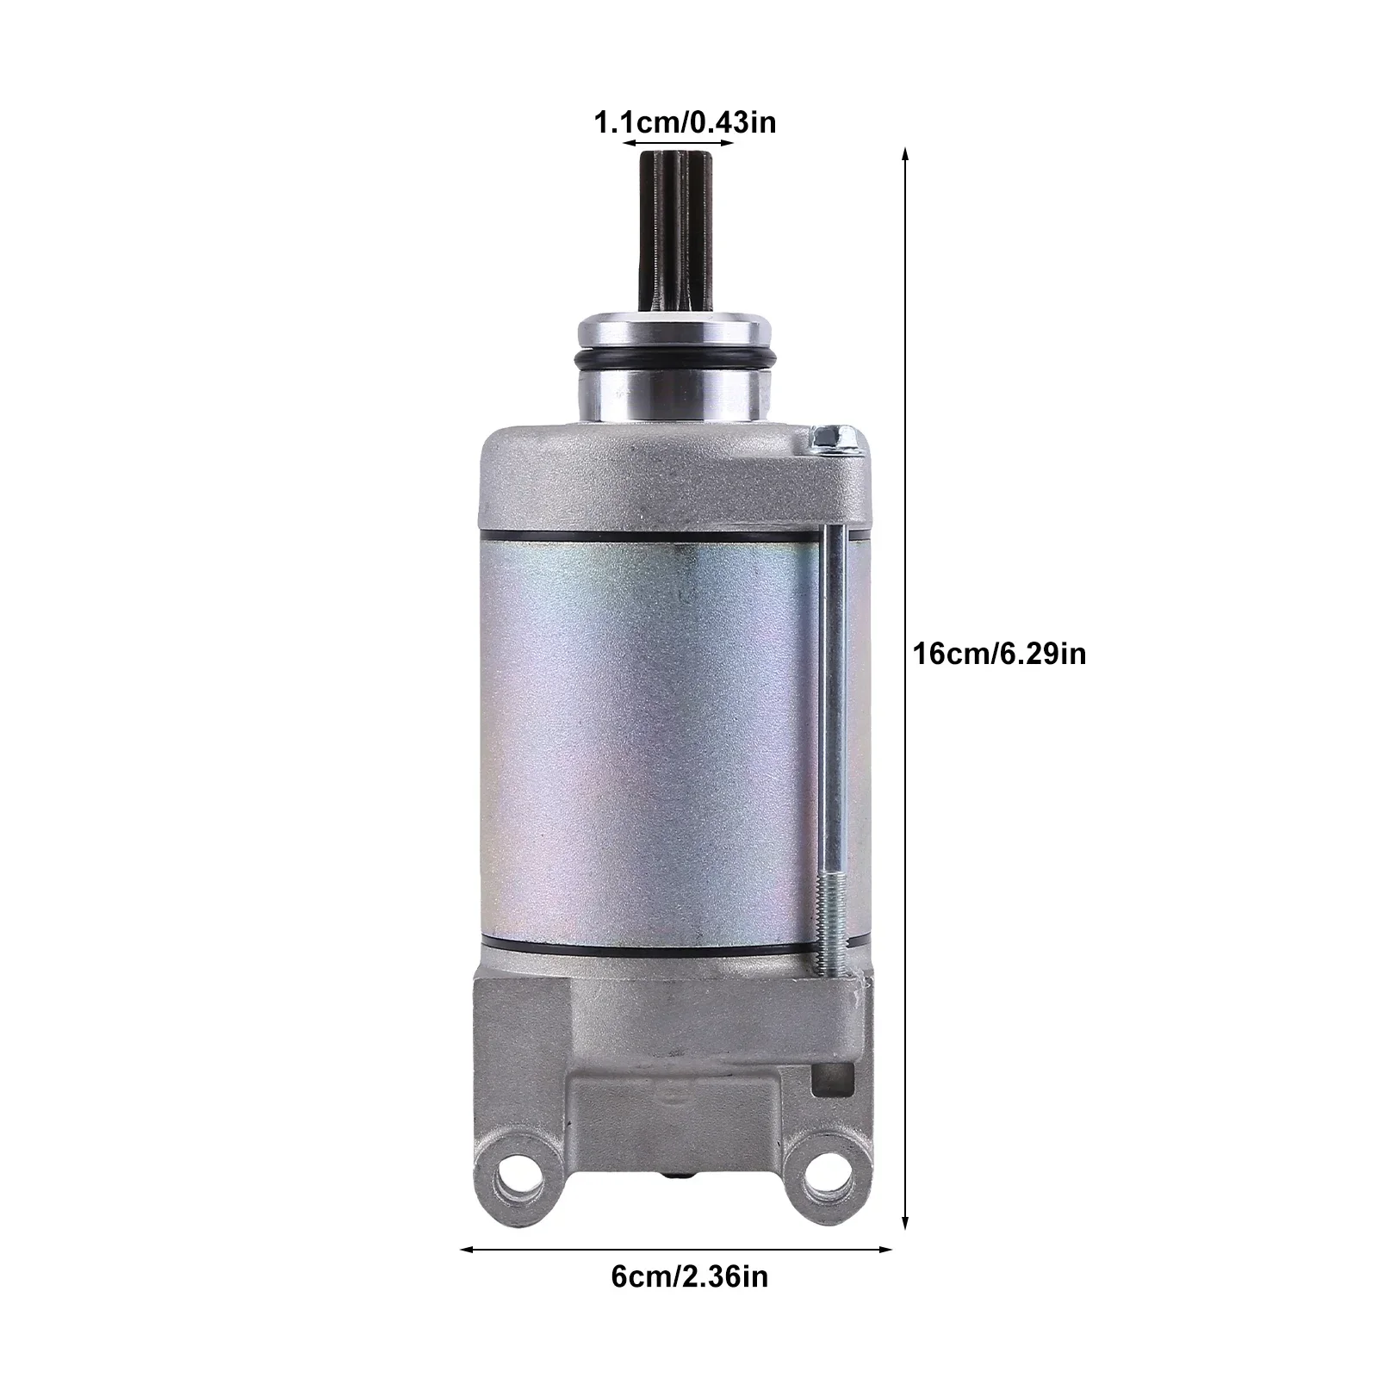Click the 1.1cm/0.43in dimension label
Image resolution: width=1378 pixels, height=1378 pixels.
(x=685, y=122)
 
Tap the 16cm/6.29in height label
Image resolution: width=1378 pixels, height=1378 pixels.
(x=1000, y=655)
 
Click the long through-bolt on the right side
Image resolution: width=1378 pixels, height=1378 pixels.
(x=831, y=689)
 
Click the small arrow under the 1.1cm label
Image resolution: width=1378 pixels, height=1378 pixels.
(x=677, y=143)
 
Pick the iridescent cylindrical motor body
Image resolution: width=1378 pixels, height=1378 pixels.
(x=646, y=741)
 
